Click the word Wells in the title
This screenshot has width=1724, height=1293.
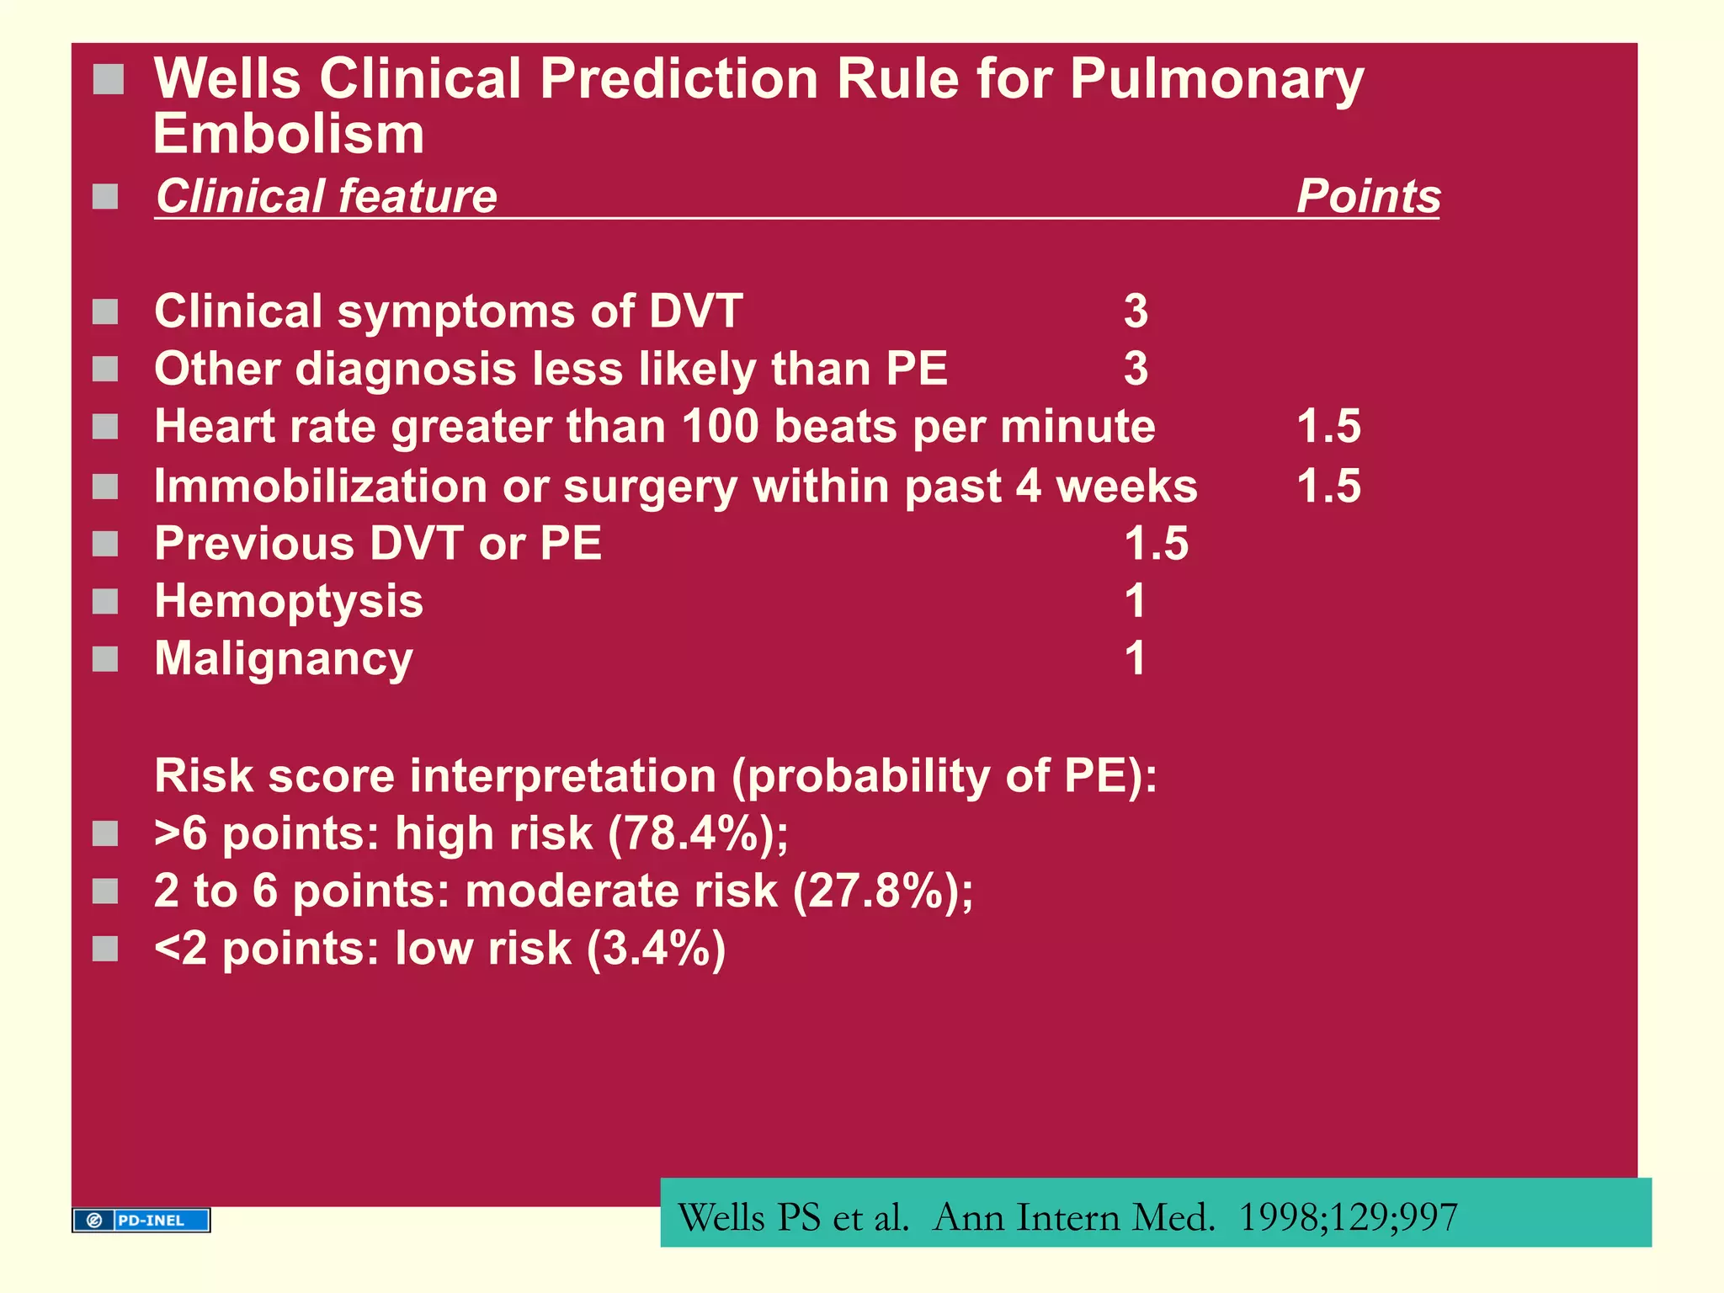tap(227, 79)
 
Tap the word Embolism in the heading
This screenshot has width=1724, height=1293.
tap(289, 135)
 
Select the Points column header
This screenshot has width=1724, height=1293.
tap(1368, 196)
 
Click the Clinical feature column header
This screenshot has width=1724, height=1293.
tap(327, 196)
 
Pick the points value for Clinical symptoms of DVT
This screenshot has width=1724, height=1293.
tap(1136, 311)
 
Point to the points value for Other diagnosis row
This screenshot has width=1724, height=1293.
tap(1136, 369)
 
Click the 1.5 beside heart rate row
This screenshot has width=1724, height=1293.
tap(1328, 426)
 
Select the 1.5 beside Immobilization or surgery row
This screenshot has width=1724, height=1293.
tap(1328, 486)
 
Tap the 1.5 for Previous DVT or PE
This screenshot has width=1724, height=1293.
tap(1156, 544)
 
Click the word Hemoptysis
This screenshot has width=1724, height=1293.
tap(289, 601)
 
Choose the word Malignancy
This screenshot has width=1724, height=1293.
tap(284, 659)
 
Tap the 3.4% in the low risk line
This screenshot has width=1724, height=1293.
tap(656, 949)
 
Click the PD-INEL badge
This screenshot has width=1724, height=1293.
tap(141, 1220)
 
